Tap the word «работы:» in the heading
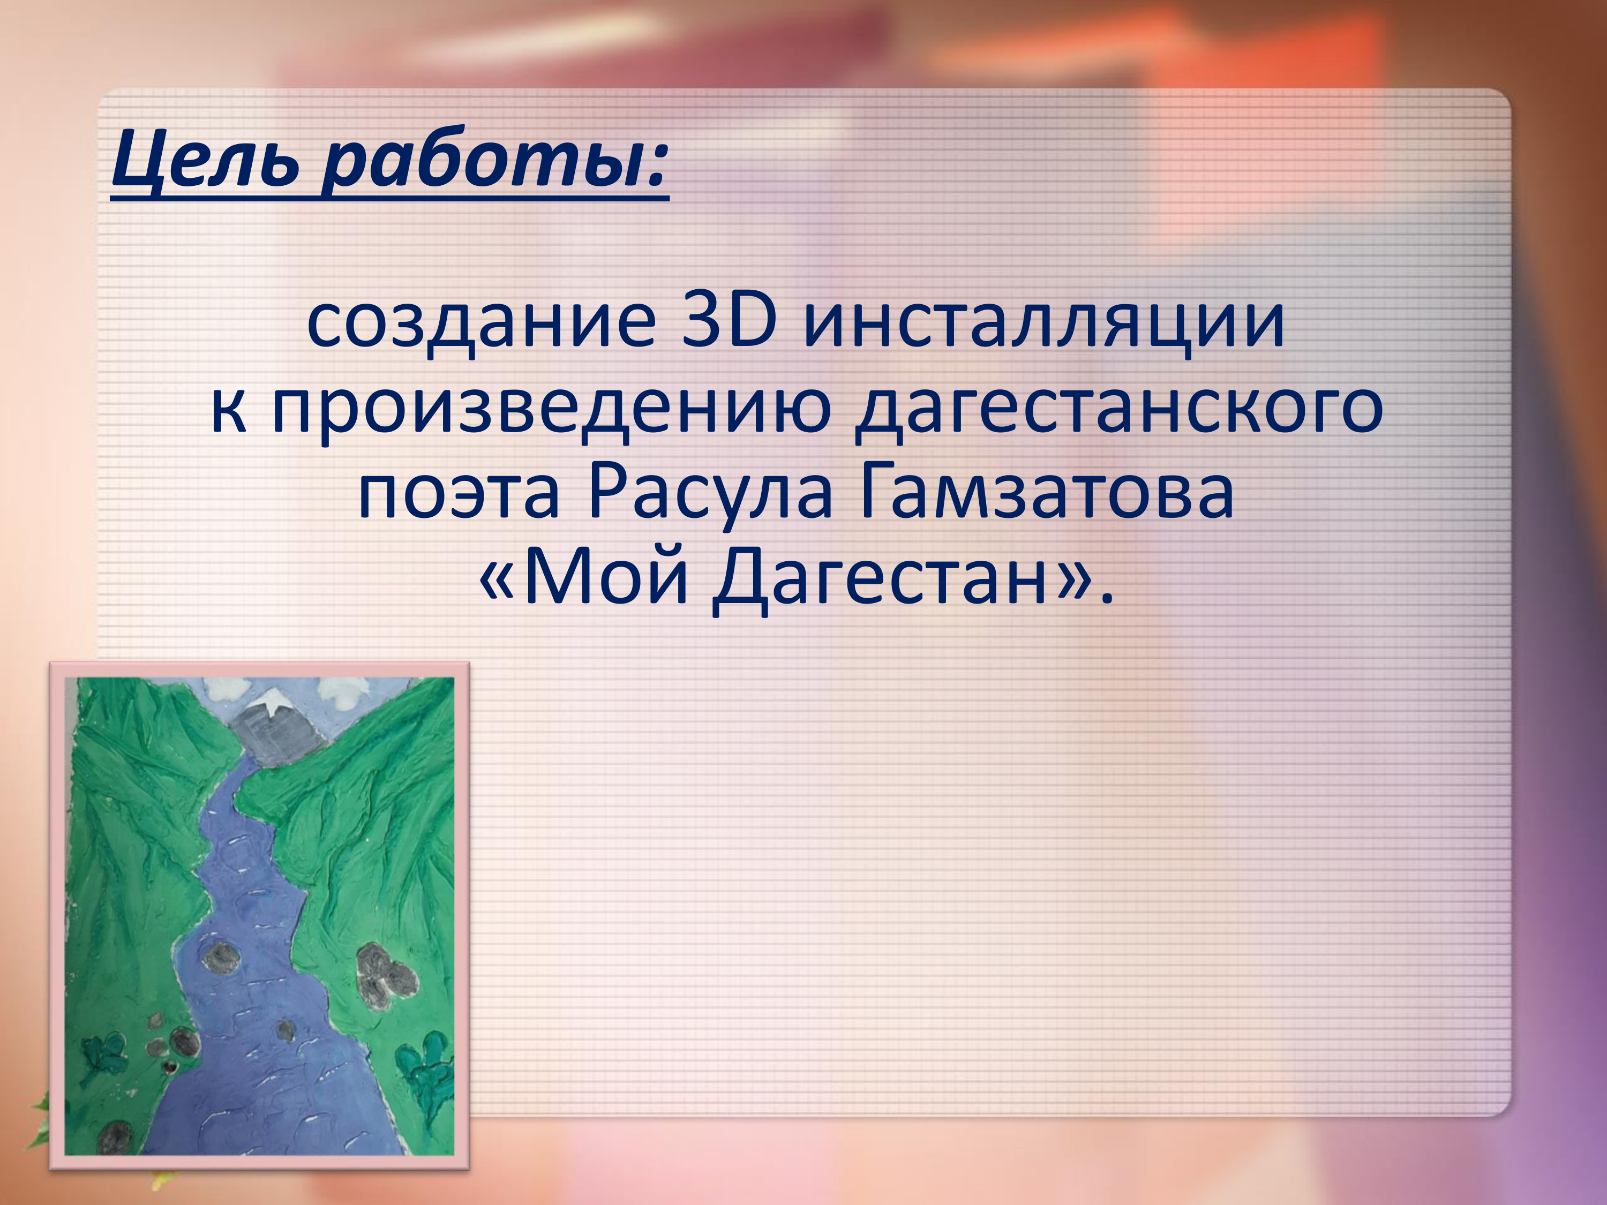click(494, 160)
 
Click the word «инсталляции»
click(1044, 325)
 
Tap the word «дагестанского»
click(1119, 409)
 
